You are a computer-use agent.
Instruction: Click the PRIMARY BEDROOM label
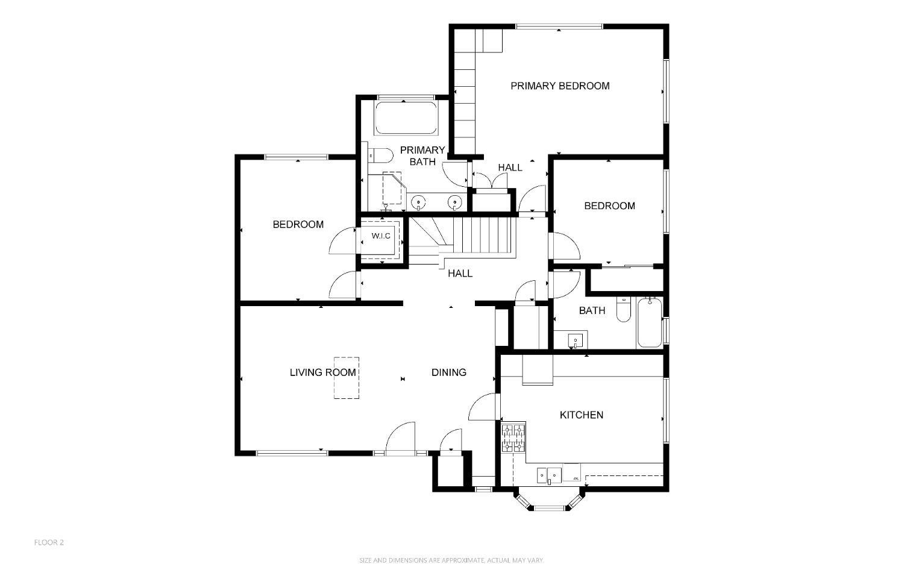(x=560, y=86)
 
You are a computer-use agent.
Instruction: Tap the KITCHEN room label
(x=581, y=415)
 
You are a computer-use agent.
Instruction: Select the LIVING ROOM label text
(x=322, y=372)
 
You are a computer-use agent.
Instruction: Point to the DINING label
(x=448, y=372)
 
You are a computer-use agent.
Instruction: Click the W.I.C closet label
(x=381, y=236)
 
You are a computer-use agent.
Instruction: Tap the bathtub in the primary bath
(x=406, y=118)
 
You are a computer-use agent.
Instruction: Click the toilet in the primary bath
(x=379, y=156)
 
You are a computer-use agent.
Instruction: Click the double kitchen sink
(x=549, y=475)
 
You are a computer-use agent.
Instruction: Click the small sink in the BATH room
(x=576, y=341)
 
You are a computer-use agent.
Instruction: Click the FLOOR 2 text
(x=49, y=542)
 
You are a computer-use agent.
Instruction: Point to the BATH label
(x=592, y=310)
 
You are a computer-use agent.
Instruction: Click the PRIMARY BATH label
(x=422, y=155)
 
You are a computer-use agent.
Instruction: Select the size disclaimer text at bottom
(x=451, y=560)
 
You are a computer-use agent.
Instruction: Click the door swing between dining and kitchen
(x=483, y=407)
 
